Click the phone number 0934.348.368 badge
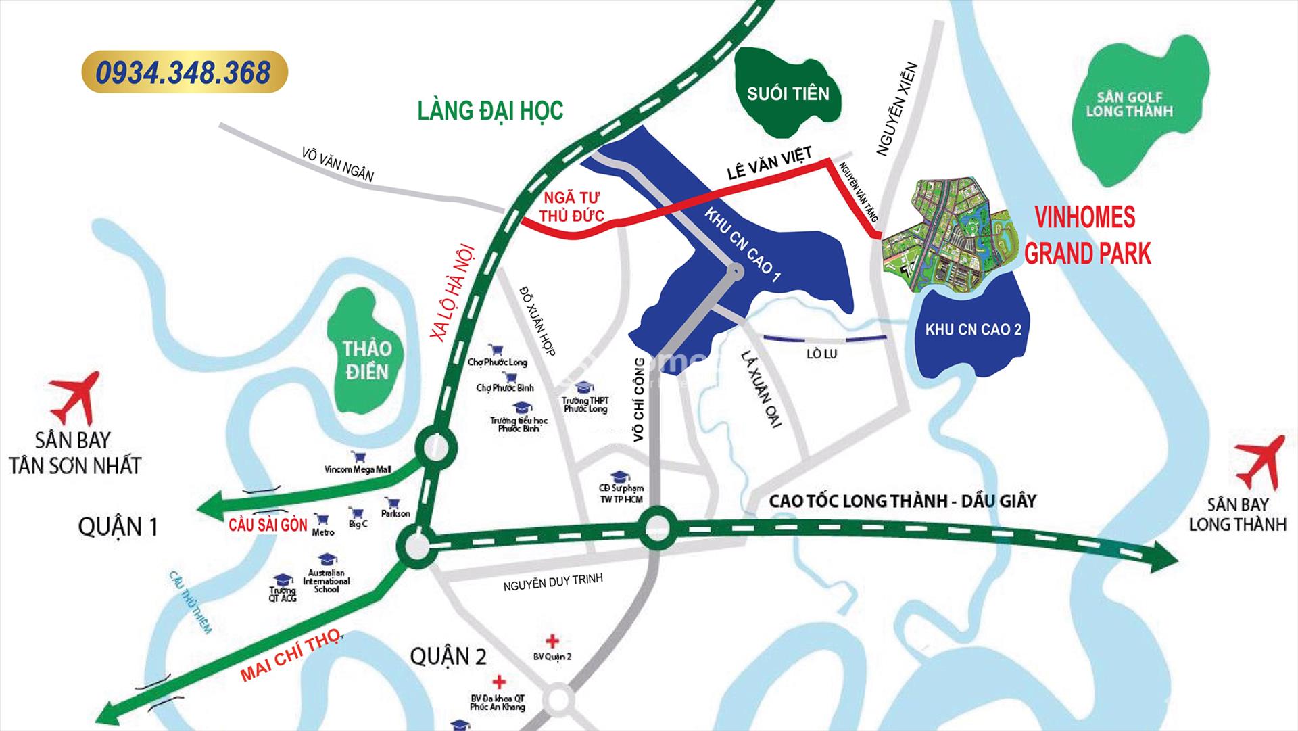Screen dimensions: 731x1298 pyautogui.click(x=184, y=72)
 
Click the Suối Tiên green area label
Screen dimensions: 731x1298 pyautogui.click(x=788, y=93)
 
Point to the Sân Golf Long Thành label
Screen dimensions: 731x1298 pyautogui.click(x=1129, y=104)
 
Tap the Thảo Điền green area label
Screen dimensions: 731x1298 pyautogui.click(x=366, y=360)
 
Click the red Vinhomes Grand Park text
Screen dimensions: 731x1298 pyautogui.click(x=1087, y=235)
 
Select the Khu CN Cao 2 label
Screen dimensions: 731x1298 pyautogui.click(x=973, y=330)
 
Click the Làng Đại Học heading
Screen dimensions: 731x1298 pyautogui.click(x=489, y=110)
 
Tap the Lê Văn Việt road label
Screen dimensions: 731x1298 pyautogui.click(x=769, y=162)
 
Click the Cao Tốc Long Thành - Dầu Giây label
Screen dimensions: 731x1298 pyautogui.click(x=903, y=501)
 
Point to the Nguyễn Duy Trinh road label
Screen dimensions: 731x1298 pyautogui.click(x=552, y=582)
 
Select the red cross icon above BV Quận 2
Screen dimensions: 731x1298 pyautogui.click(x=553, y=640)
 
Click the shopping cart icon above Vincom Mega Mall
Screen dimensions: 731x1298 pyautogui.click(x=356, y=458)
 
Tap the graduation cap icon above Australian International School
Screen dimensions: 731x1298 pyautogui.click(x=327, y=559)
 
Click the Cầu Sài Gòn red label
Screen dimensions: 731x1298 pyautogui.click(x=268, y=525)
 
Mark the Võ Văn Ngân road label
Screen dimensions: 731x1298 pyautogui.click(x=338, y=164)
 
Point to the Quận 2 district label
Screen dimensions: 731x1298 pyautogui.click(x=448, y=656)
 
